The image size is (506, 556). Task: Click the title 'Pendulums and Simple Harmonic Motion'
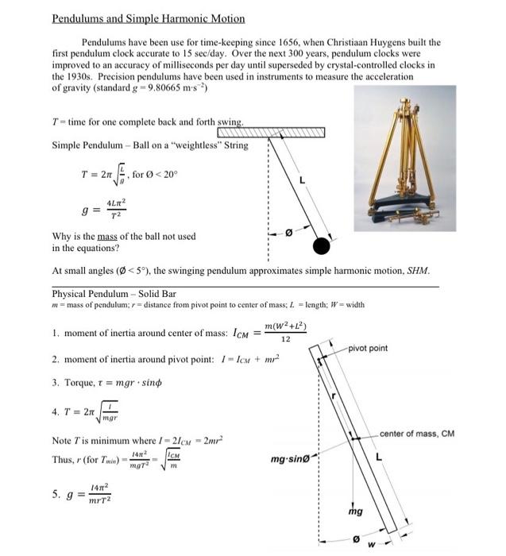point(149,18)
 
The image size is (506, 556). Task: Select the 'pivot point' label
point(367,348)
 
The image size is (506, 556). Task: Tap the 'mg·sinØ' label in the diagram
point(291,459)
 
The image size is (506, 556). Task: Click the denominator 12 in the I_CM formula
point(285,338)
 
